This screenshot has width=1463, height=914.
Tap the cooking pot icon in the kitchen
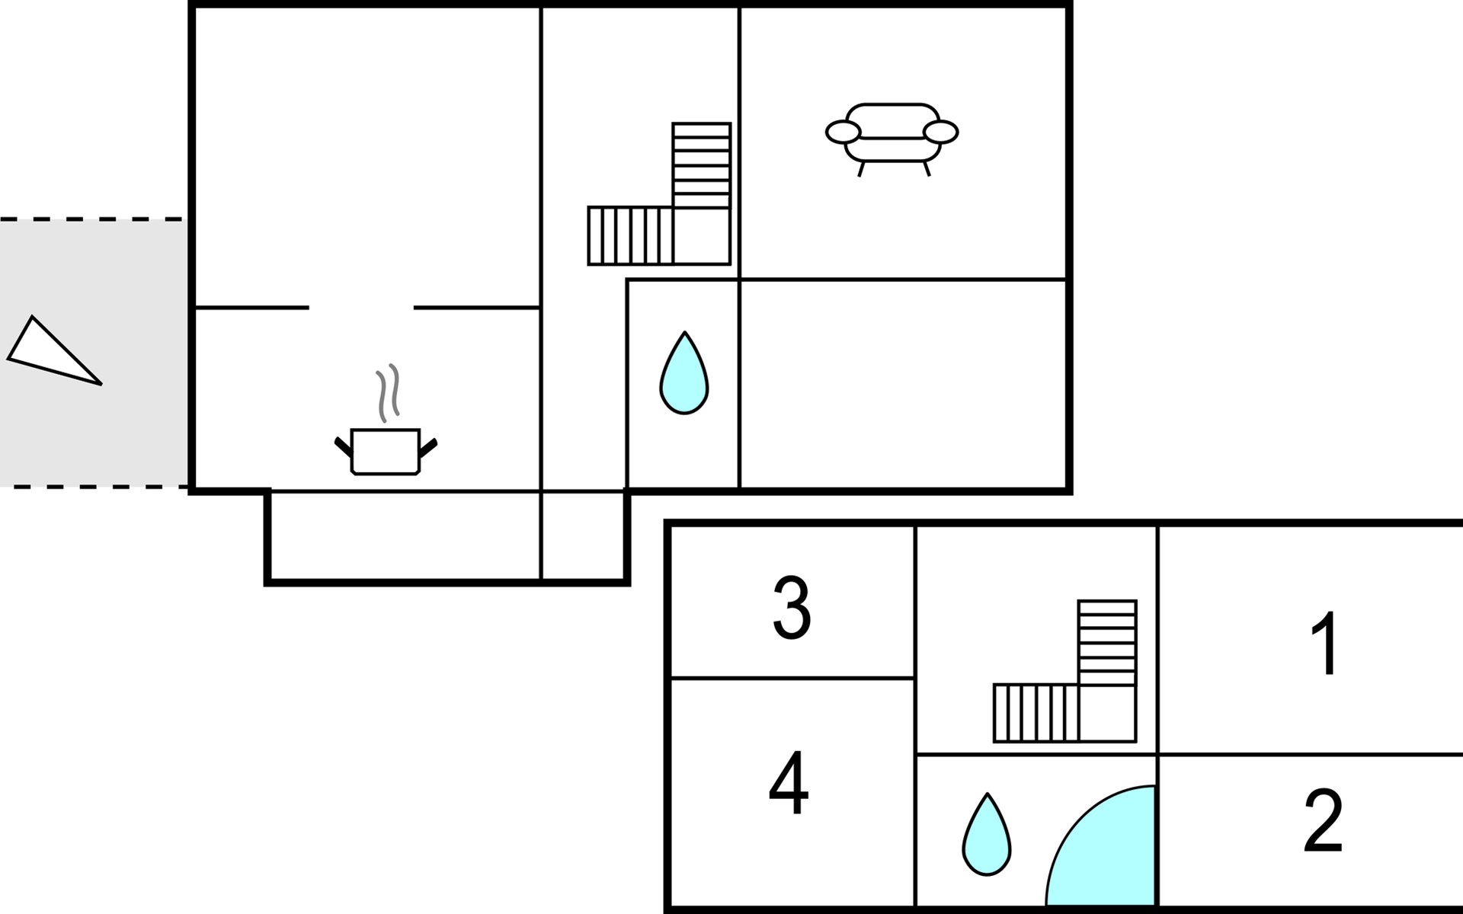[386, 452]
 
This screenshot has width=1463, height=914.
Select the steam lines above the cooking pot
[388, 393]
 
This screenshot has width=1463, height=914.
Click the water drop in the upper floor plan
[684, 373]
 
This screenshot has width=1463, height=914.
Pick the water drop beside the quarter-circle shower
[987, 835]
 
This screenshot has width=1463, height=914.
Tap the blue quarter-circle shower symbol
[1101, 845]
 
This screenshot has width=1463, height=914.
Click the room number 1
[1325, 643]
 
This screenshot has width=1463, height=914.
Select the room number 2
[1323, 821]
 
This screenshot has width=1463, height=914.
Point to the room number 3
[792, 608]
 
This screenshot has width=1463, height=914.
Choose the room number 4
[788, 783]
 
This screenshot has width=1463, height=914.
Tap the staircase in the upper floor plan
[660, 194]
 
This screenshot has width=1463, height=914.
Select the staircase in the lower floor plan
[1065, 671]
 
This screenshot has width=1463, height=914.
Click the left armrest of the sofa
[843, 132]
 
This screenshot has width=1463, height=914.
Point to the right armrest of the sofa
[940, 132]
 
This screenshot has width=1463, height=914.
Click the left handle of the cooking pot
[344, 448]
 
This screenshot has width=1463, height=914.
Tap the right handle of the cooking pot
[428, 448]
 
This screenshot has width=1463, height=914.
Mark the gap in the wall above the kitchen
[361, 308]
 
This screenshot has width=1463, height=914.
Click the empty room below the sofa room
[902, 384]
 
